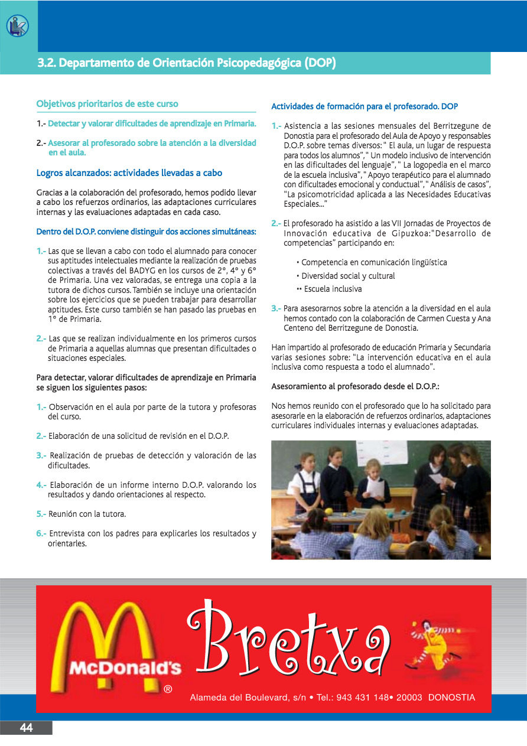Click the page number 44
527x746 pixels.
point(26,728)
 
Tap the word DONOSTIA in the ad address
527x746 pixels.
point(451,698)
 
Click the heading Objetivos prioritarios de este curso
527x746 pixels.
point(107,104)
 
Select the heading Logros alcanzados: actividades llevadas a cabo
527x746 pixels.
point(129,173)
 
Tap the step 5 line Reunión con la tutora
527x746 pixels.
point(87,514)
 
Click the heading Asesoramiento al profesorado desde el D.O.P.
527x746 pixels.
point(355,386)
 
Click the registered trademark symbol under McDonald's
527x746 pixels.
point(168,689)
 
